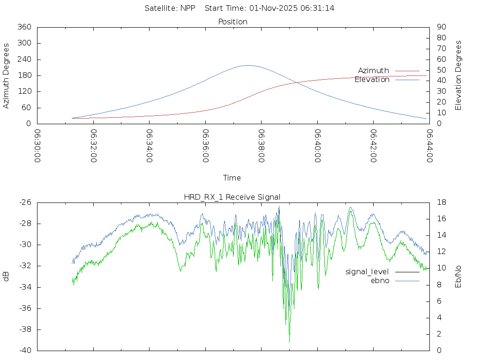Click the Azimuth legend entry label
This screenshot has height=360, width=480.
point(374,71)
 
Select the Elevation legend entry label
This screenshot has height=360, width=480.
point(372,80)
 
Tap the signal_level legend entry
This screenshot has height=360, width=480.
point(367,272)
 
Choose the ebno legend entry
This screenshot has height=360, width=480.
point(380,281)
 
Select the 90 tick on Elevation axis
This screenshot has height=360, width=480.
point(441,27)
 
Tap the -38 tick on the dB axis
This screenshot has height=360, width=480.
point(24,330)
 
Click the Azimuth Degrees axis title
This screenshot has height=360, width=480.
point(7,75)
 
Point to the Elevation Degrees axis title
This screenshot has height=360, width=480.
point(458,75)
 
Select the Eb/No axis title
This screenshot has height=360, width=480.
point(458,277)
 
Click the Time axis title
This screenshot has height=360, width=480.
point(232,178)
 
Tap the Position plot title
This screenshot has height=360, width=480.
point(233,22)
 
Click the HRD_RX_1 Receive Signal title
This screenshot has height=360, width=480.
point(232,197)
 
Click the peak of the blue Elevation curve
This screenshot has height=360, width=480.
point(248,65)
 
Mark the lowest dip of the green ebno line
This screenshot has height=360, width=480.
point(289,342)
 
